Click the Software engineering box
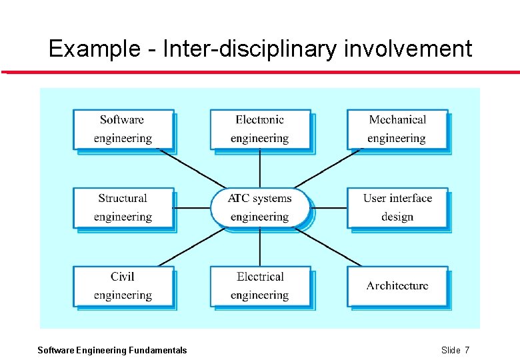pyautogui.click(x=123, y=129)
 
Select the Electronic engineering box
pyautogui.click(x=260, y=129)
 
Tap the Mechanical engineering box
pyautogui.click(x=397, y=129)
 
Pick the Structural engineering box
pyautogui.click(x=123, y=207)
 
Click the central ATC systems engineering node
pyautogui.click(x=260, y=207)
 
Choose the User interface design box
pyautogui.click(x=397, y=207)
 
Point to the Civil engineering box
pyautogui.click(x=123, y=286)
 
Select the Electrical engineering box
pyautogui.click(x=260, y=286)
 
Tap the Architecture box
pyautogui.click(x=397, y=286)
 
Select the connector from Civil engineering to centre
pyautogui.click(x=193, y=247)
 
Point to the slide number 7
pyautogui.click(x=467, y=350)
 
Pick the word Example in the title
pyautogui.click(x=91, y=49)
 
